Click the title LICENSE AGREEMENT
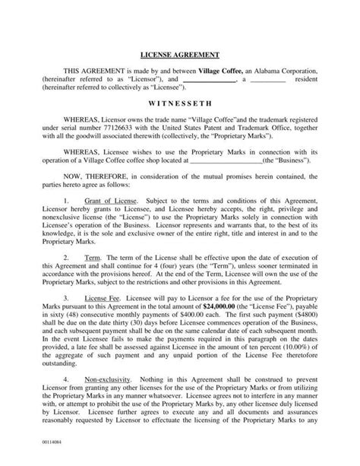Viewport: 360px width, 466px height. pyautogui.click(x=180, y=55)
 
